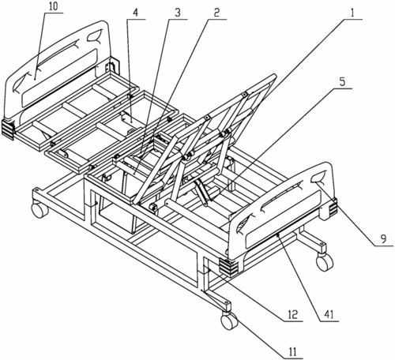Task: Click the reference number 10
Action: click(x=53, y=7)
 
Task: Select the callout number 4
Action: click(x=135, y=13)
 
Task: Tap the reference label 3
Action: click(x=178, y=13)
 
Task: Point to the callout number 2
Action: click(x=216, y=13)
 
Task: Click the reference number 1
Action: click(x=352, y=13)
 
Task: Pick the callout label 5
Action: click(x=341, y=82)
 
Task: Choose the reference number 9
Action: click(x=383, y=239)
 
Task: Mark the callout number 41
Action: click(x=329, y=314)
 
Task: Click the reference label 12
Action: click(x=292, y=314)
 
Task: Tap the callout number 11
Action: click(x=292, y=351)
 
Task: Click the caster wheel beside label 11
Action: click(x=229, y=321)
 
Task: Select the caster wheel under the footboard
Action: click(x=325, y=262)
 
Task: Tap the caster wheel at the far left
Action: click(x=39, y=209)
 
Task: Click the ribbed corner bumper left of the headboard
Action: click(x=8, y=129)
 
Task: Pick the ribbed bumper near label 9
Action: click(x=333, y=206)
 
